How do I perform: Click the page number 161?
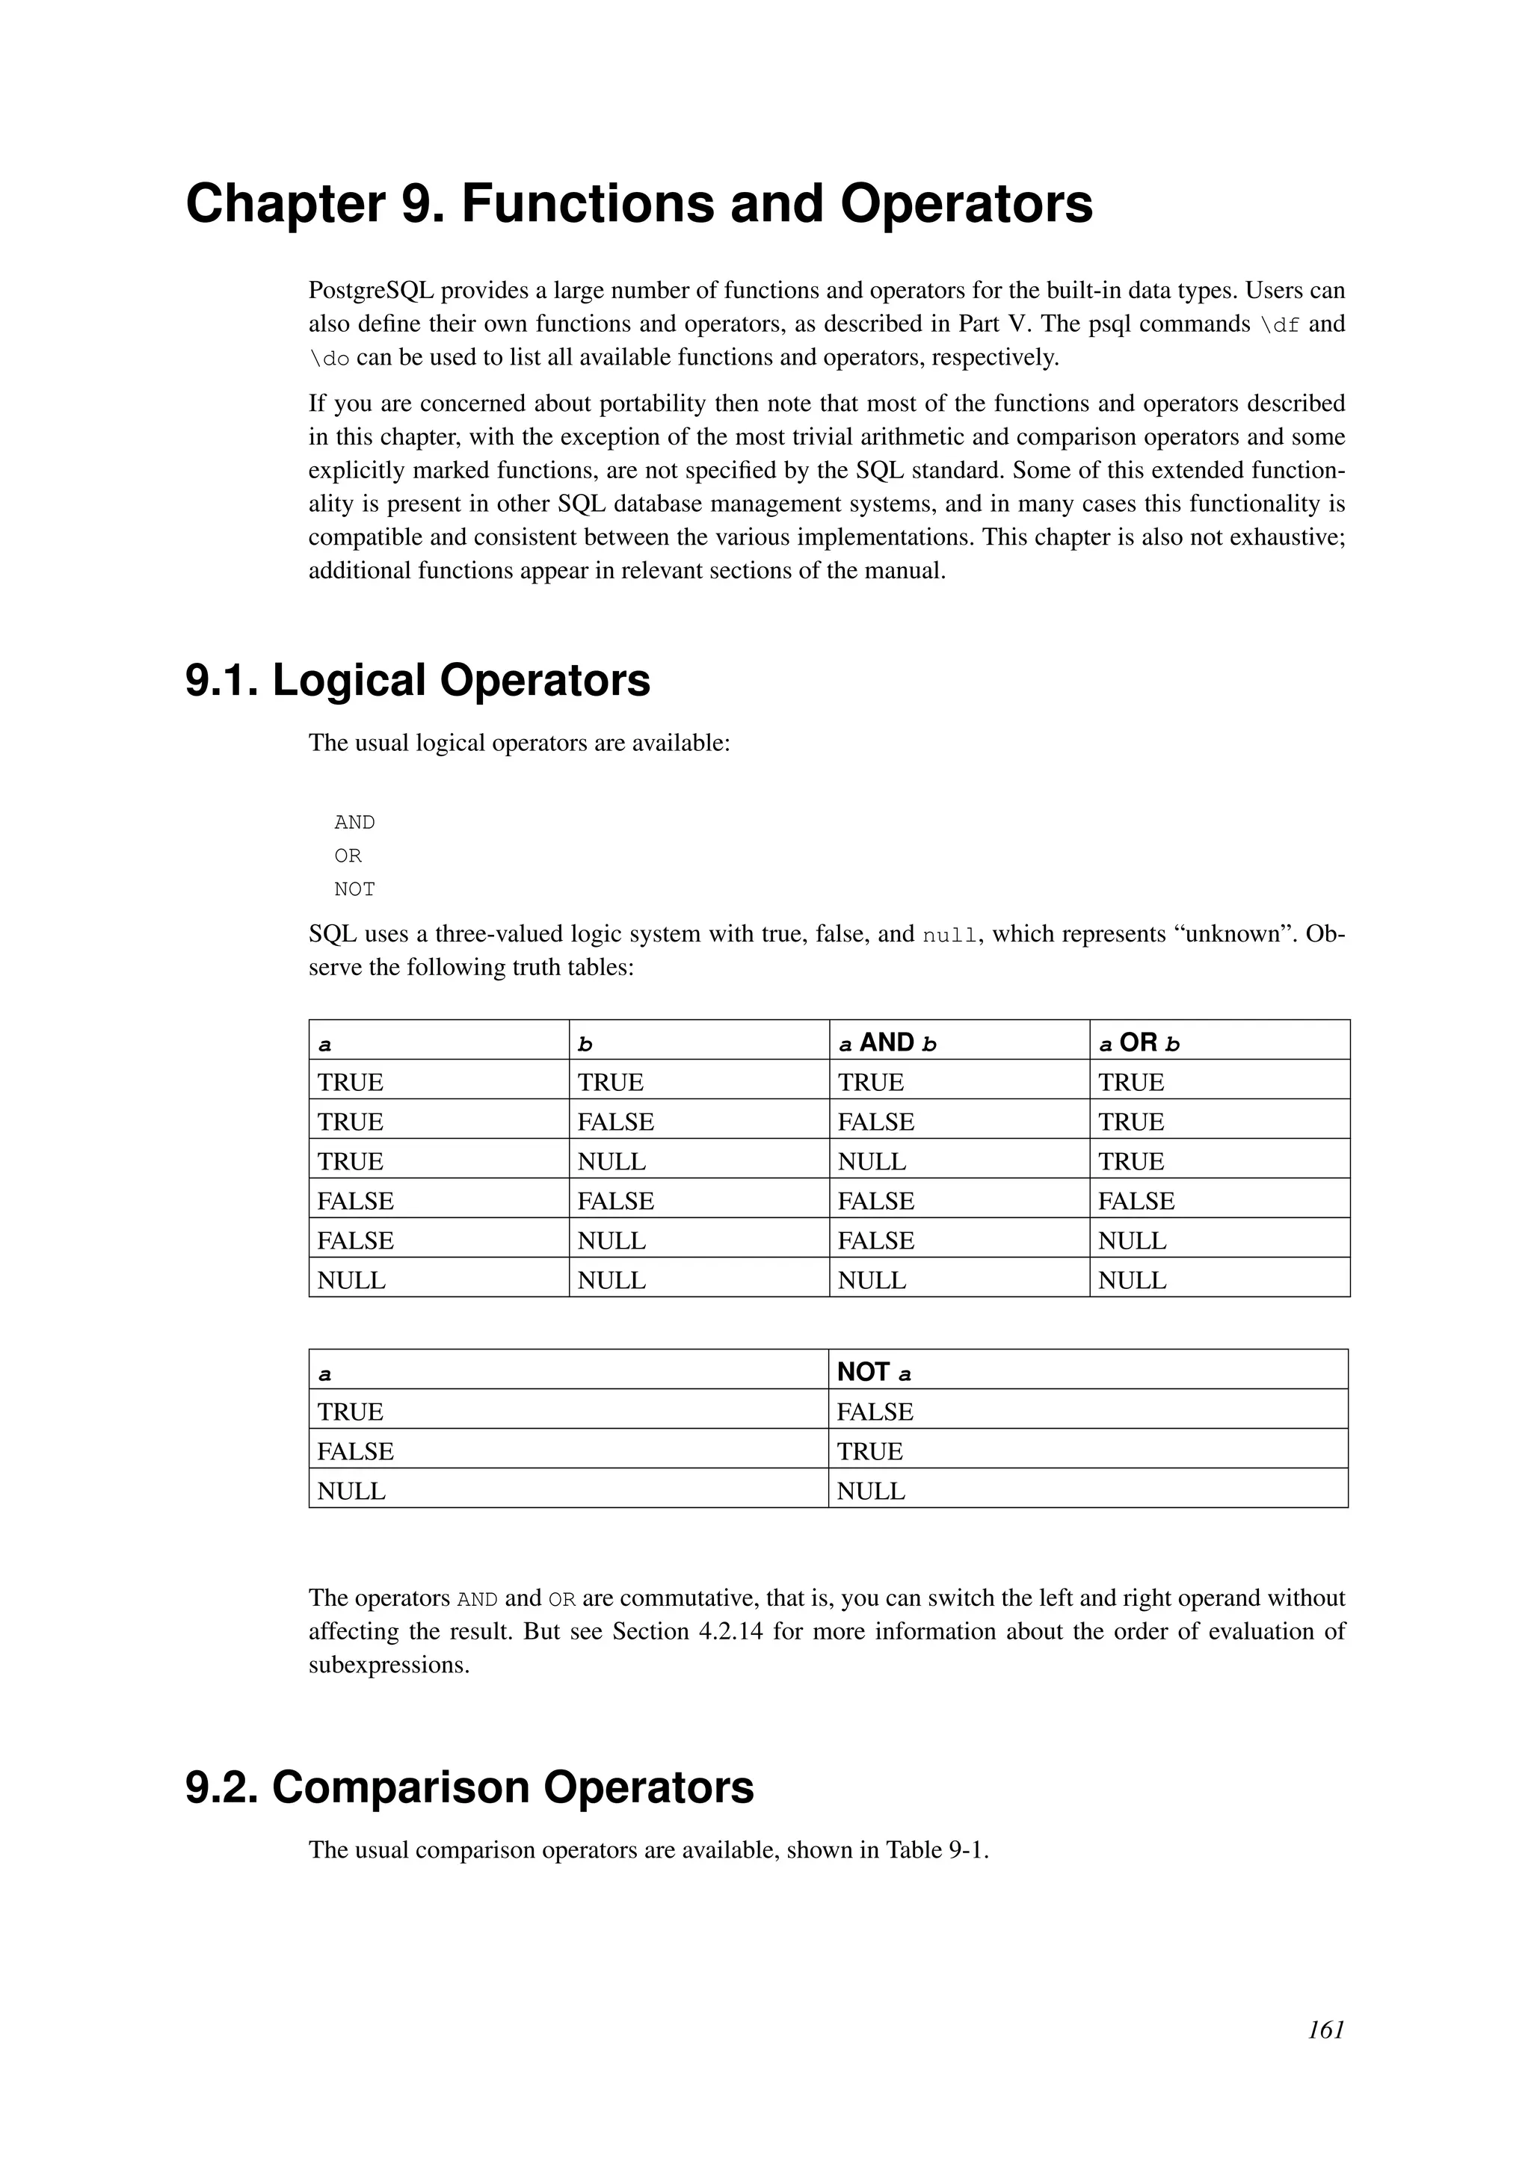click(x=1325, y=2056)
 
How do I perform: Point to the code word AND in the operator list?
click(x=354, y=823)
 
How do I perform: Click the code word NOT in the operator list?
click(x=354, y=888)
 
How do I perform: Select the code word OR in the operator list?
click(x=348, y=856)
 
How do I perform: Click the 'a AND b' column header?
click(x=887, y=1042)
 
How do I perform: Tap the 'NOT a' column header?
click(x=874, y=1372)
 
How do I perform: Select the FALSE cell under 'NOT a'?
click(x=875, y=1412)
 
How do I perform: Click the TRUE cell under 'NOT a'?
click(x=869, y=1451)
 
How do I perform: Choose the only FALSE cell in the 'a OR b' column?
click(x=1136, y=1201)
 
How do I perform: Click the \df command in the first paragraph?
click(x=1279, y=325)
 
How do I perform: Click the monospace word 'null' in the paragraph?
click(x=949, y=936)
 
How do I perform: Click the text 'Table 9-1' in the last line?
click(x=933, y=1849)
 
